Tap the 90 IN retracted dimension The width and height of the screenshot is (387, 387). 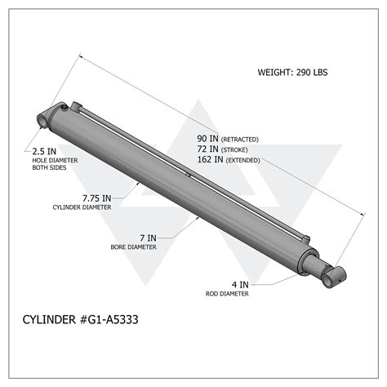point(209,137)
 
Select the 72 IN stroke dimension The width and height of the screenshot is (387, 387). point(209,149)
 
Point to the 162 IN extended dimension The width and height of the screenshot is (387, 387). point(211,160)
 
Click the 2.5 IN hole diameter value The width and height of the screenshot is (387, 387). point(44,151)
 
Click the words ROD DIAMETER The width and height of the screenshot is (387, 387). point(228,294)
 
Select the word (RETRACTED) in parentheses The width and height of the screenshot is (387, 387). point(241,138)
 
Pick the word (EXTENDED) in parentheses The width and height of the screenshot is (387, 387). point(242,161)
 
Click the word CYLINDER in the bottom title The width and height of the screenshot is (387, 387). point(47,321)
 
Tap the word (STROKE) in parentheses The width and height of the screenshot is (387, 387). point(236,149)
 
